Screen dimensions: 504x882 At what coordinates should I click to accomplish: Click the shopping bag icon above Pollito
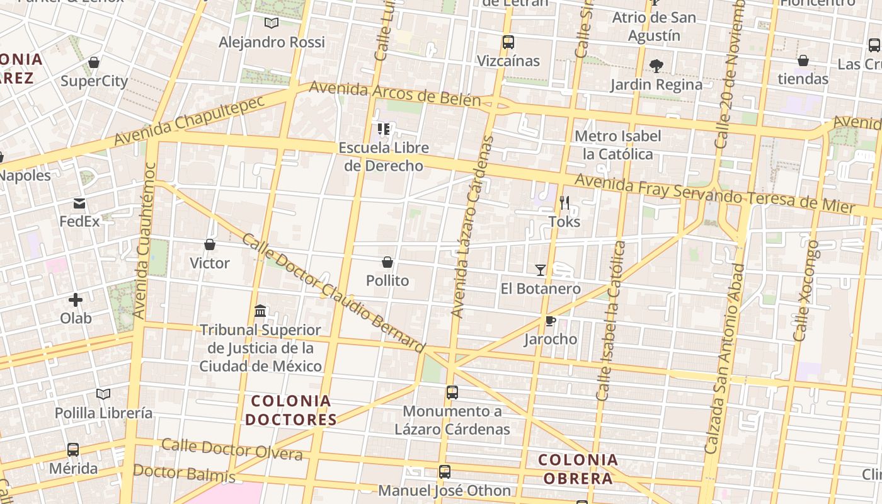coord(387,262)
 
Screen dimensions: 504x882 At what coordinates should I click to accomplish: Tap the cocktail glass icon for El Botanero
coord(541,270)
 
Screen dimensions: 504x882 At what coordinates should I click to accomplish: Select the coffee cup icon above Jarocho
coord(550,321)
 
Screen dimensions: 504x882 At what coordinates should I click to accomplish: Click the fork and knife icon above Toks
coord(564,203)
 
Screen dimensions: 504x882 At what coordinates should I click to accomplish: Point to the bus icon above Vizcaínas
coord(508,42)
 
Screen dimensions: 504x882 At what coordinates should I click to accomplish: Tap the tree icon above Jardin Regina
coord(656,66)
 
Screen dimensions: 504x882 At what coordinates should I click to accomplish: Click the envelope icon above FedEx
coord(79,203)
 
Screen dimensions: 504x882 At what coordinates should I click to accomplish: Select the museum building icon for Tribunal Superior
coord(260,311)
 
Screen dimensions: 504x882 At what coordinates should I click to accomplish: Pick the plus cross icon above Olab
coord(76,300)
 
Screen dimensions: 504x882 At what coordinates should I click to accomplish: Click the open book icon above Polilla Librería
coord(103,394)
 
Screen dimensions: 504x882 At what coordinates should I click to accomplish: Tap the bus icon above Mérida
coord(73,450)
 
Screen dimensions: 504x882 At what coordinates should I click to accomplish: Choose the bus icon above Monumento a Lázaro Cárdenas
coord(452,392)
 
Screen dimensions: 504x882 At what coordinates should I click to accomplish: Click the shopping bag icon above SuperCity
coord(94,62)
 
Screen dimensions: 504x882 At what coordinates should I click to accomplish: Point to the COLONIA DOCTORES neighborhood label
coord(291,410)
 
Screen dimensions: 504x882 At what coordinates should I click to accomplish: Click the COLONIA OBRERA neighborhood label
coord(578,469)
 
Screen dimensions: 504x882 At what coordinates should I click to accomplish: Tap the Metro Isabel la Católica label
coord(618,145)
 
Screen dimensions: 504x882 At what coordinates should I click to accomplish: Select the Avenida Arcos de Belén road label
coord(394,94)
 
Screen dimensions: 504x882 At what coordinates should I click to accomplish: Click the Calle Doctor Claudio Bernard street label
coord(334,294)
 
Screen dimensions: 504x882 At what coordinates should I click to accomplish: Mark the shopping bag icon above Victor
coord(210,244)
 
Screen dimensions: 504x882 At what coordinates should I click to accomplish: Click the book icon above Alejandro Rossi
coord(272,23)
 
